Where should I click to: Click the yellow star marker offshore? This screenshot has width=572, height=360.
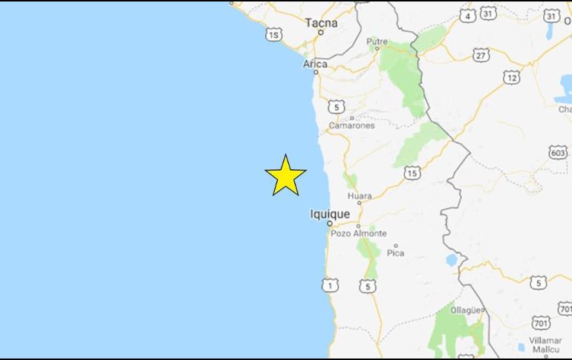tap(285, 177)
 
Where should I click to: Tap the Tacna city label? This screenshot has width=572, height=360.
tap(321, 23)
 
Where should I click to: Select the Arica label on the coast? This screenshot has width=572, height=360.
tap(315, 65)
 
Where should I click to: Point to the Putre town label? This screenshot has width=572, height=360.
tap(377, 42)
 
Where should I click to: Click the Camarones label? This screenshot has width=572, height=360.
tap(351, 125)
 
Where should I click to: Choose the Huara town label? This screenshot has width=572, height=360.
tap(360, 197)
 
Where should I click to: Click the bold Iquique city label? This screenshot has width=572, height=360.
tap(330, 215)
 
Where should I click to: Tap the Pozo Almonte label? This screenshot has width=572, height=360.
tap(359, 233)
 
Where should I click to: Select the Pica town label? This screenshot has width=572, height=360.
tap(395, 253)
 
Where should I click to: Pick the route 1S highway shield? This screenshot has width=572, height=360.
tap(275, 35)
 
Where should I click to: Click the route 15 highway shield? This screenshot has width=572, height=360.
tap(413, 173)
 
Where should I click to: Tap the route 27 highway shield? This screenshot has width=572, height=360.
tap(481, 55)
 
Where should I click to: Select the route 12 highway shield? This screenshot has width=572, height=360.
tap(511, 77)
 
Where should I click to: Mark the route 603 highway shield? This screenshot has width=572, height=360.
tap(558, 152)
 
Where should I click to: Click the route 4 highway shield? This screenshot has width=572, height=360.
tap(467, 15)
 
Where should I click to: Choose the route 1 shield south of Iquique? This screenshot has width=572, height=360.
tap(331, 285)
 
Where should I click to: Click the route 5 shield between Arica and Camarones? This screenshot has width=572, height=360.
tap(338, 107)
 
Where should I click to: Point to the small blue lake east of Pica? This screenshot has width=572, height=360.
tap(452, 260)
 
